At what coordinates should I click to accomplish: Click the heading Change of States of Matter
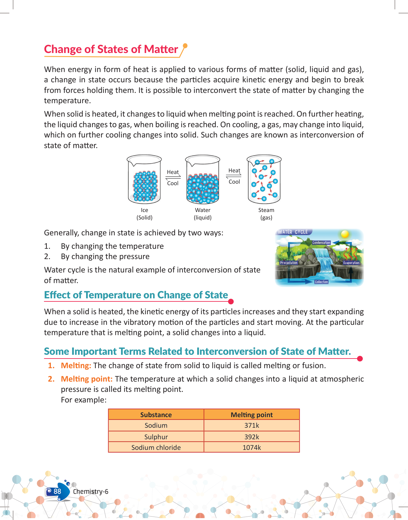[x=111, y=49]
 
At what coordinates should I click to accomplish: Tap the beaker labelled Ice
[x=144, y=180]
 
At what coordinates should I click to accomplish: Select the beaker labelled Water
[x=203, y=180]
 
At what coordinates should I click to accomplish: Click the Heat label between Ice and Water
[x=173, y=172]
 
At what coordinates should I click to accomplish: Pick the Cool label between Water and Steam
[x=234, y=182]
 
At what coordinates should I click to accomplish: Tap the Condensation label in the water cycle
[x=321, y=243]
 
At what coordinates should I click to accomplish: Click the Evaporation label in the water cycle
[x=351, y=263]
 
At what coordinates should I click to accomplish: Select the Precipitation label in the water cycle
[x=289, y=262]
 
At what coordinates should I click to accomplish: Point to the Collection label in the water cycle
[x=321, y=282]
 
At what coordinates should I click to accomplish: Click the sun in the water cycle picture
[x=345, y=234]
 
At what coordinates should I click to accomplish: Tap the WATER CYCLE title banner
[x=293, y=232]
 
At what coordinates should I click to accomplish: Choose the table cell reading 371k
[x=252, y=426]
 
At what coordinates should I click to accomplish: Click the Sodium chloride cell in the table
[x=156, y=447]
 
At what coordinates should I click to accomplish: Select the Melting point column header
[x=252, y=415]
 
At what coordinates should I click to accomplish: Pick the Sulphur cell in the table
[x=156, y=437]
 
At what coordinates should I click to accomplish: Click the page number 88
[x=57, y=492]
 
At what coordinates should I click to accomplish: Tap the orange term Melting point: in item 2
[x=86, y=379]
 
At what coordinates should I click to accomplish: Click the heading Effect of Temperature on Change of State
[x=136, y=295]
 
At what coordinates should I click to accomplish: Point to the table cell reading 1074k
[x=252, y=447]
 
